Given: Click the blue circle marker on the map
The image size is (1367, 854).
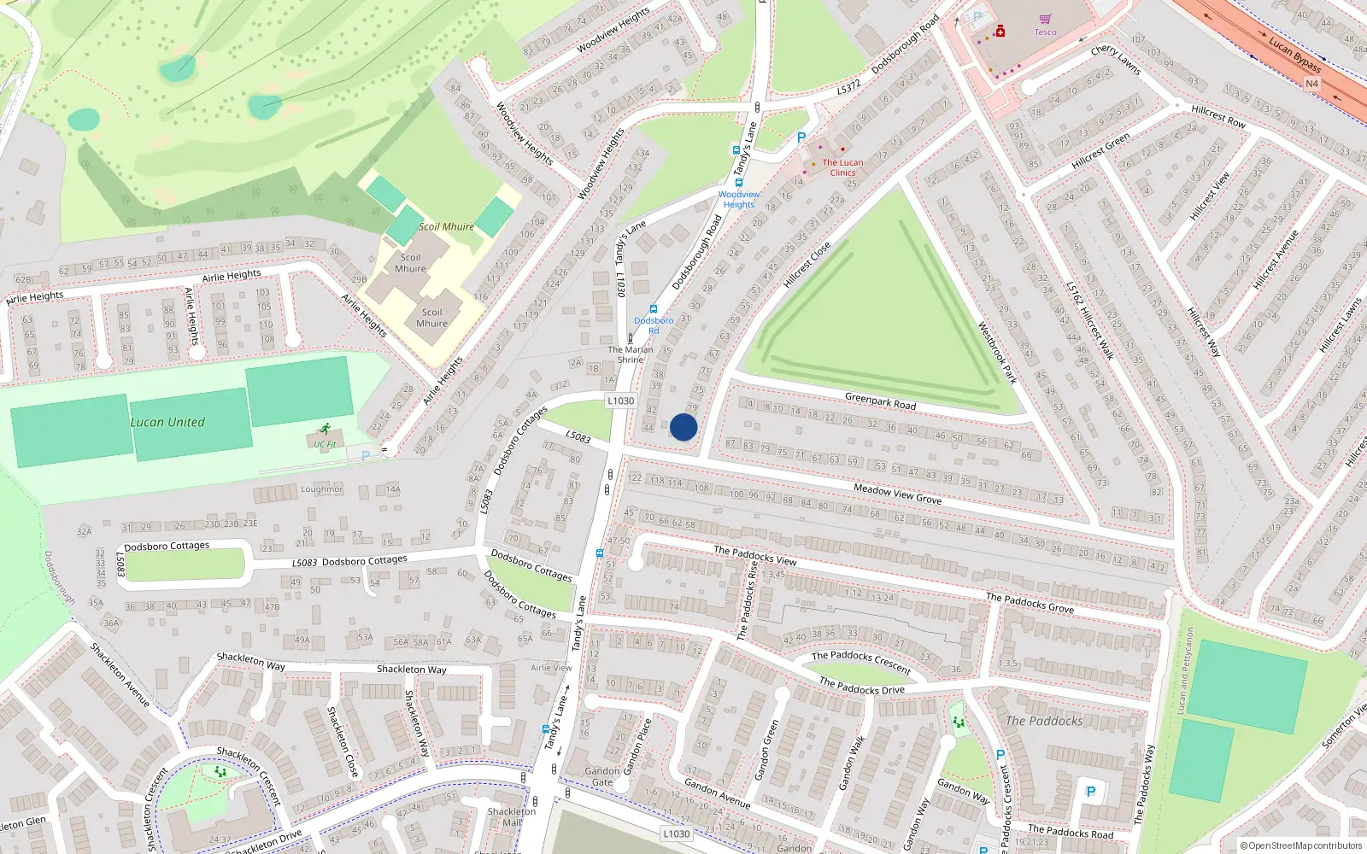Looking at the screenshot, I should coord(683,427).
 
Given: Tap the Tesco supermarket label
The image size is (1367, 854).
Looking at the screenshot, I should coord(1045,32).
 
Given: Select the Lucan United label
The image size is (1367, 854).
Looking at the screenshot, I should coord(167,422).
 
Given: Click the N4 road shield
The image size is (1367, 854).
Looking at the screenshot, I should coord(1311,84).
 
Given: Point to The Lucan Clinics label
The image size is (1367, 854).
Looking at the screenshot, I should coord(842,167).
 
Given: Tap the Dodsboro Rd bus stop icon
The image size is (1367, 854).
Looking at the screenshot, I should coord(654,309).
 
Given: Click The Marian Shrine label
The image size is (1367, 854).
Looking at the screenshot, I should coord(631,354).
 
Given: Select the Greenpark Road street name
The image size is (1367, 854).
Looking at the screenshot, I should coord(880,401).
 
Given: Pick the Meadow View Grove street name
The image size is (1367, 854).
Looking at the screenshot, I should coord(897,494).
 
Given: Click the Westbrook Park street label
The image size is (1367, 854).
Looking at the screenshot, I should coord(997,353).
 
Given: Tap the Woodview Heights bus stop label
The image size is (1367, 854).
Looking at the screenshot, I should coord(739,200).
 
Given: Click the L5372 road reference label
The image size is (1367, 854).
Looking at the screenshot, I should coord(848,88).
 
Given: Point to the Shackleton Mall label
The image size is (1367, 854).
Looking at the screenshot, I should coord(511,817).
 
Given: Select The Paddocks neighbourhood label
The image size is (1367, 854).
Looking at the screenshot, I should coord(1044,722).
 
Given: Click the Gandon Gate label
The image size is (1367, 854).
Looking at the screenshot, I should coord(602,776).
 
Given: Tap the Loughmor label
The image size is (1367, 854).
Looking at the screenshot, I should coord(321,489).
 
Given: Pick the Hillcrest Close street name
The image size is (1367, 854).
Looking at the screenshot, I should coord(807,266).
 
